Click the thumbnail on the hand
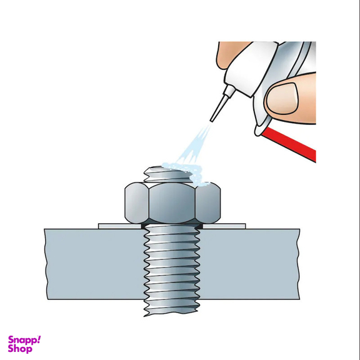pyautogui.click(x=283, y=98)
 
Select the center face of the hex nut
pyautogui.click(x=172, y=203)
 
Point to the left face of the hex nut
pyautogui.click(x=137, y=203)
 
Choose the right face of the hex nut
pyautogui.click(x=208, y=203)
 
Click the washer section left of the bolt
pyautogui.click(x=120, y=226)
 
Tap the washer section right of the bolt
pyautogui.click(x=224, y=226)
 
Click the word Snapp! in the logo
pyautogui.click(x=24, y=341)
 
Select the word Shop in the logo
pyautogui.click(x=20, y=349)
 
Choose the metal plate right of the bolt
pyautogui.click(x=249, y=264)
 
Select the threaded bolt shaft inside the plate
pyautogui.click(x=171, y=264)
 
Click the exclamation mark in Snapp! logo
pyautogui.click(x=39, y=339)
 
